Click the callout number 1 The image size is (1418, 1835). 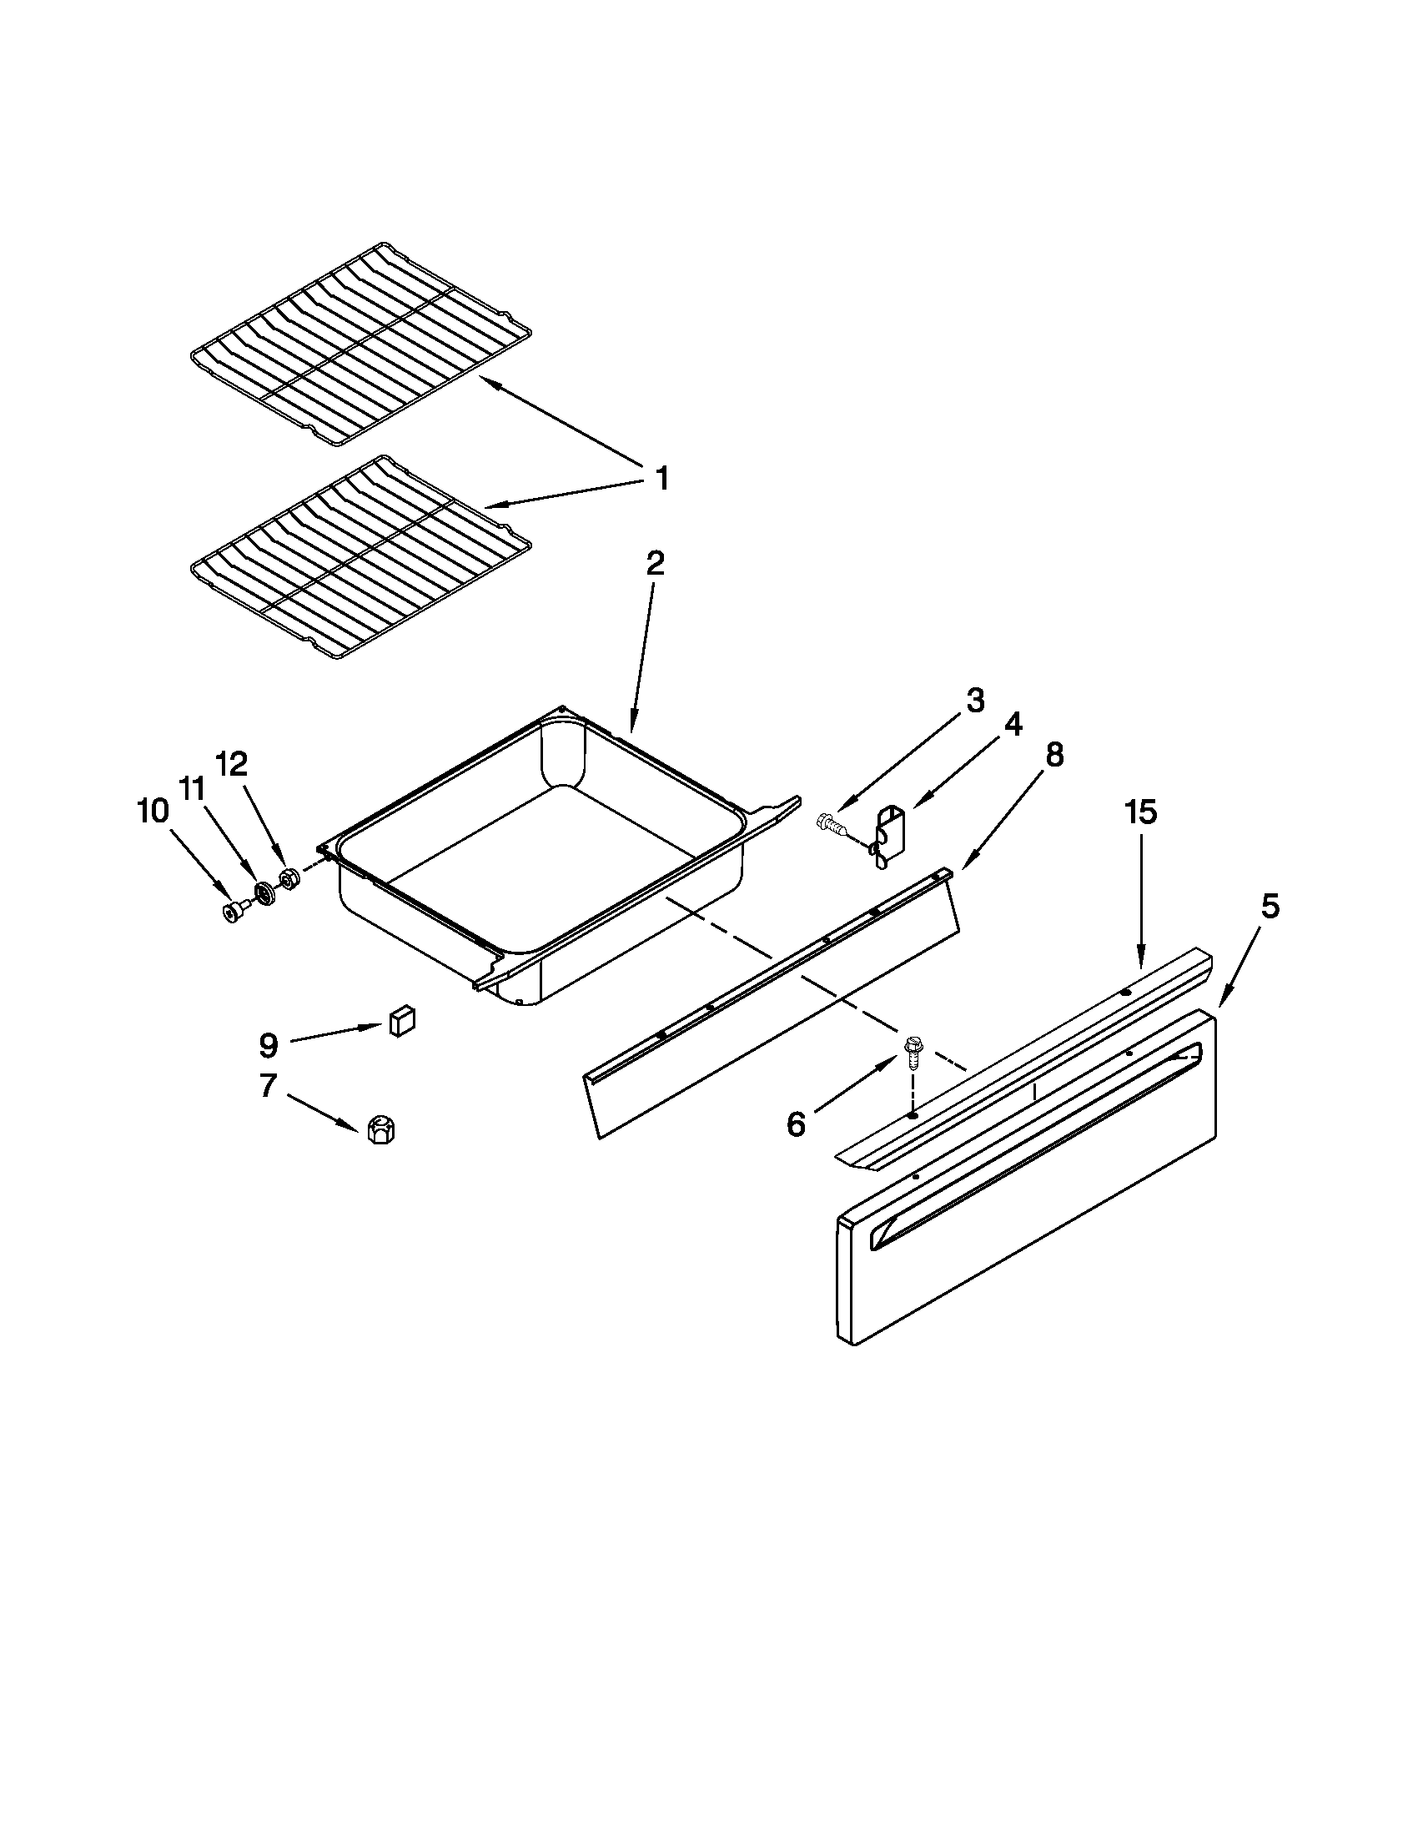662,480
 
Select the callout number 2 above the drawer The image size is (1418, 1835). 656,563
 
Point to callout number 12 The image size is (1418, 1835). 232,764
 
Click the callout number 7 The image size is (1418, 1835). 267,1086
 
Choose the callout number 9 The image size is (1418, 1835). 267,1046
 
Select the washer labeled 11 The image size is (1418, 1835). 267,893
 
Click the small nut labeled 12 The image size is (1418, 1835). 289,880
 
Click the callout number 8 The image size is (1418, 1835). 1053,756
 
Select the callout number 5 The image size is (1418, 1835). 1270,907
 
